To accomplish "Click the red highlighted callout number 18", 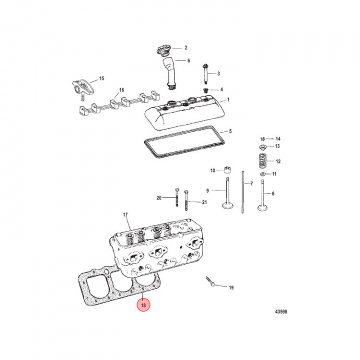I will click(143, 304).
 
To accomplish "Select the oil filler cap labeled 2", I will click(163, 50).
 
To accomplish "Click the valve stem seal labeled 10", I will click(227, 169).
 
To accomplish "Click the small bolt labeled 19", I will click(211, 282).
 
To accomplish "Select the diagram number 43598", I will click(280, 312).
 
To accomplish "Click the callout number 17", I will click(126, 215).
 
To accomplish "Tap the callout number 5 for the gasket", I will click(230, 131).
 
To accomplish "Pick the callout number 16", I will click(120, 90).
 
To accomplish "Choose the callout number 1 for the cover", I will click(228, 99).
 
